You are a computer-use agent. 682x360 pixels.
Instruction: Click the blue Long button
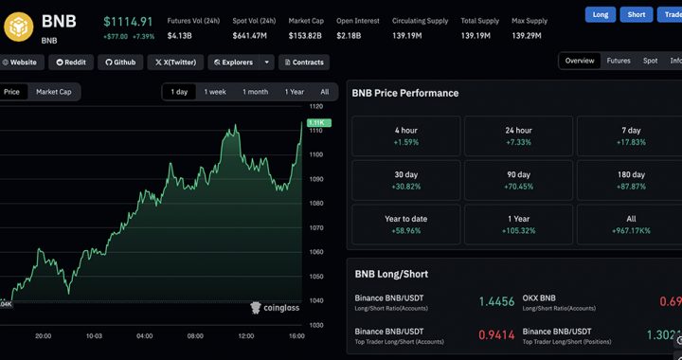[x=600, y=15]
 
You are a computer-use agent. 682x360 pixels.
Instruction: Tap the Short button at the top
[x=637, y=15]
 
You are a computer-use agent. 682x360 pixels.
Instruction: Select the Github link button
[x=119, y=63]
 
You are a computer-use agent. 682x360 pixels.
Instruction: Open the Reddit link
[x=72, y=63]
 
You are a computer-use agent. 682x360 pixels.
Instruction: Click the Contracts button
[x=303, y=63]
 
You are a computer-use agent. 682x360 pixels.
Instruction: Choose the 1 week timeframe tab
[x=215, y=92]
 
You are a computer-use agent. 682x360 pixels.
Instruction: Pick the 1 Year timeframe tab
[x=294, y=92]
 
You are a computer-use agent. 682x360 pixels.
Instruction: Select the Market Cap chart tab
[x=53, y=92]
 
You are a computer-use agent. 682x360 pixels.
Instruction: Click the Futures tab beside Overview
[x=619, y=61]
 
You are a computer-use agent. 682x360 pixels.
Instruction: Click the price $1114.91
[x=127, y=21]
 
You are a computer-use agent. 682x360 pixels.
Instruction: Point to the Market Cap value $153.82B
[x=306, y=36]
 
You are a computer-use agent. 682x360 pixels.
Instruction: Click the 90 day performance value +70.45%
[x=518, y=187]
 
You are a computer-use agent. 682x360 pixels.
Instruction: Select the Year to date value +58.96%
[x=405, y=230]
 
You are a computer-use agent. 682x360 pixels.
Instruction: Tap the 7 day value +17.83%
[x=631, y=142]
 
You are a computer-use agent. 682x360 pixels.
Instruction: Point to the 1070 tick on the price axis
[x=316, y=227]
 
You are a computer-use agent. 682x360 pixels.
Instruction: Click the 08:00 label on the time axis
[x=196, y=335]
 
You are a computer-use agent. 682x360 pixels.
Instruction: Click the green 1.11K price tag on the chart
[x=317, y=123]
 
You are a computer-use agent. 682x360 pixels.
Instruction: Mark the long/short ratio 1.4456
[x=496, y=301]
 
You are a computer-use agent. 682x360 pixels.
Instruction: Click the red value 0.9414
[x=496, y=334]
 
